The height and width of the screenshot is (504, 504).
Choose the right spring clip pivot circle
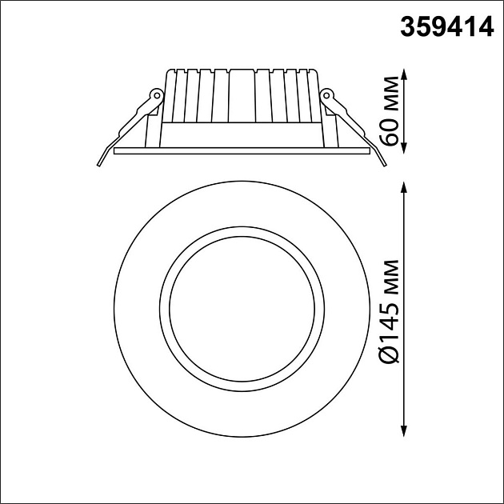coord(327,96)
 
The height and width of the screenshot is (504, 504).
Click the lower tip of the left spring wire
coord(98,166)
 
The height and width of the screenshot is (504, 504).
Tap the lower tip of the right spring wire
coord(386,166)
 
